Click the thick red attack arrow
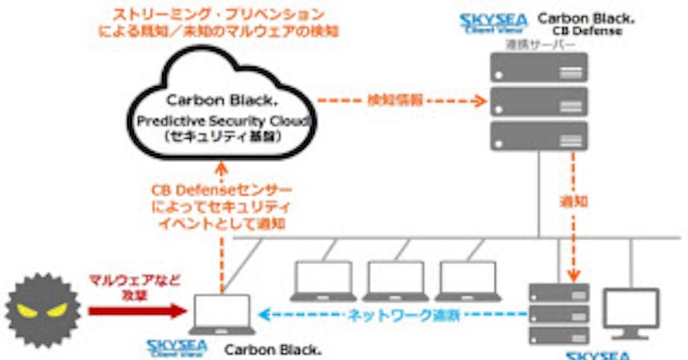coord(138,311)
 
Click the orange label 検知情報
coord(396,100)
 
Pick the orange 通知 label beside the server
coord(573,202)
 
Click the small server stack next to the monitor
coord(558,313)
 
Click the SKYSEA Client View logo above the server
coord(494,23)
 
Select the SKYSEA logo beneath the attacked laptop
coord(177,347)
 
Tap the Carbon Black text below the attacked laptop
coord(273,349)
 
